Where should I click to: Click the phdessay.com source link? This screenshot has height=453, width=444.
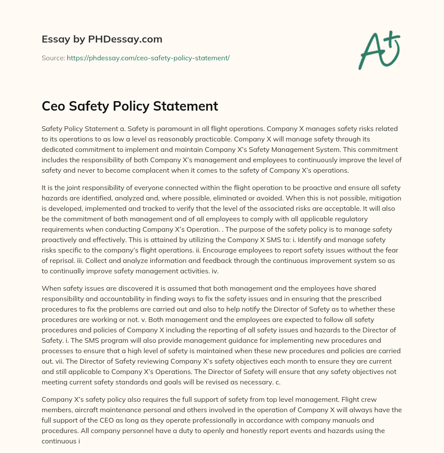pyautogui.click(x=148, y=58)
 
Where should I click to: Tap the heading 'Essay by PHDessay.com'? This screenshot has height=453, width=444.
pyautogui.click(x=102, y=39)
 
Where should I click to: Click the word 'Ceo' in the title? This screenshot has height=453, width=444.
pyautogui.click(x=55, y=106)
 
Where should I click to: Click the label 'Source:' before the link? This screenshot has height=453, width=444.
pyautogui.click(x=53, y=58)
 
